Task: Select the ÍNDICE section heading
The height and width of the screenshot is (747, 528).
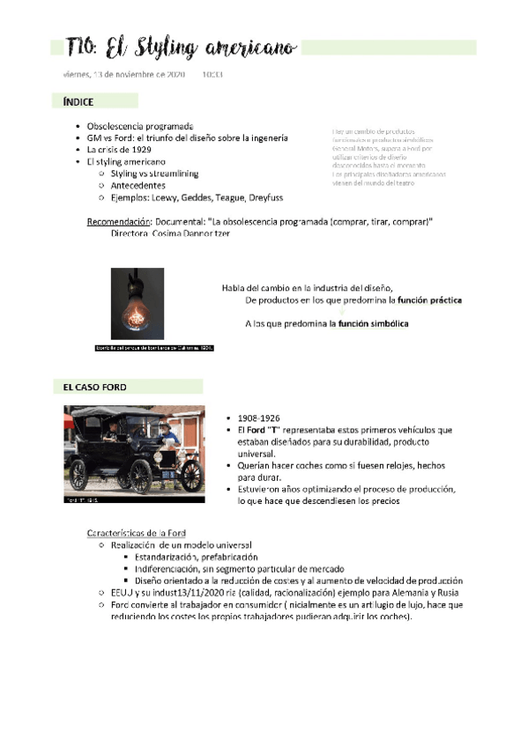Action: click(x=78, y=103)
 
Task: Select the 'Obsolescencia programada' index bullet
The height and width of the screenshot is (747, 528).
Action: click(x=140, y=127)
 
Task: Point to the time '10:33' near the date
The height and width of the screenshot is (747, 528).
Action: click(x=212, y=75)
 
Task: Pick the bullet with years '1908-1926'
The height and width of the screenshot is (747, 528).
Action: click(x=259, y=418)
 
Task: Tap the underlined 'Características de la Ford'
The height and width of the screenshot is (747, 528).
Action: click(x=136, y=533)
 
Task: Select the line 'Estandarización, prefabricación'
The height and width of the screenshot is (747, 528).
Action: click(x=197, y=558)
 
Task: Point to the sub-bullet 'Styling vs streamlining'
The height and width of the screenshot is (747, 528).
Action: click(x=155, y=174)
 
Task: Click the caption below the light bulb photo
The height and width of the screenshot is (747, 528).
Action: click(x=155, y=348)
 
